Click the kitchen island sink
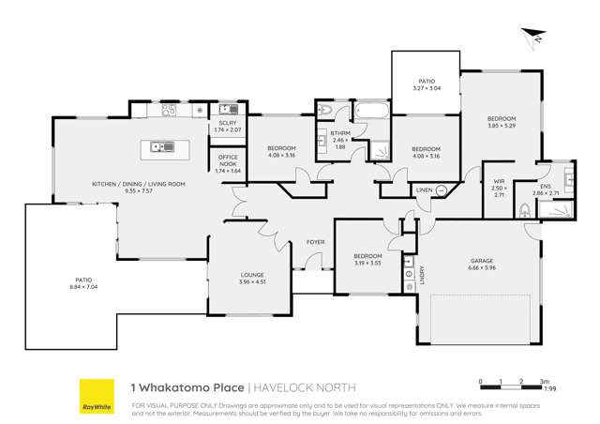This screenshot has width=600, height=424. pos(157,145)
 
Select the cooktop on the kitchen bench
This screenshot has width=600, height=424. pos(169,111)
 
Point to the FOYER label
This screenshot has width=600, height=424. pos(316,242)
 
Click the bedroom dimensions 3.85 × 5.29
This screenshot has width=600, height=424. pos(501,125)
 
